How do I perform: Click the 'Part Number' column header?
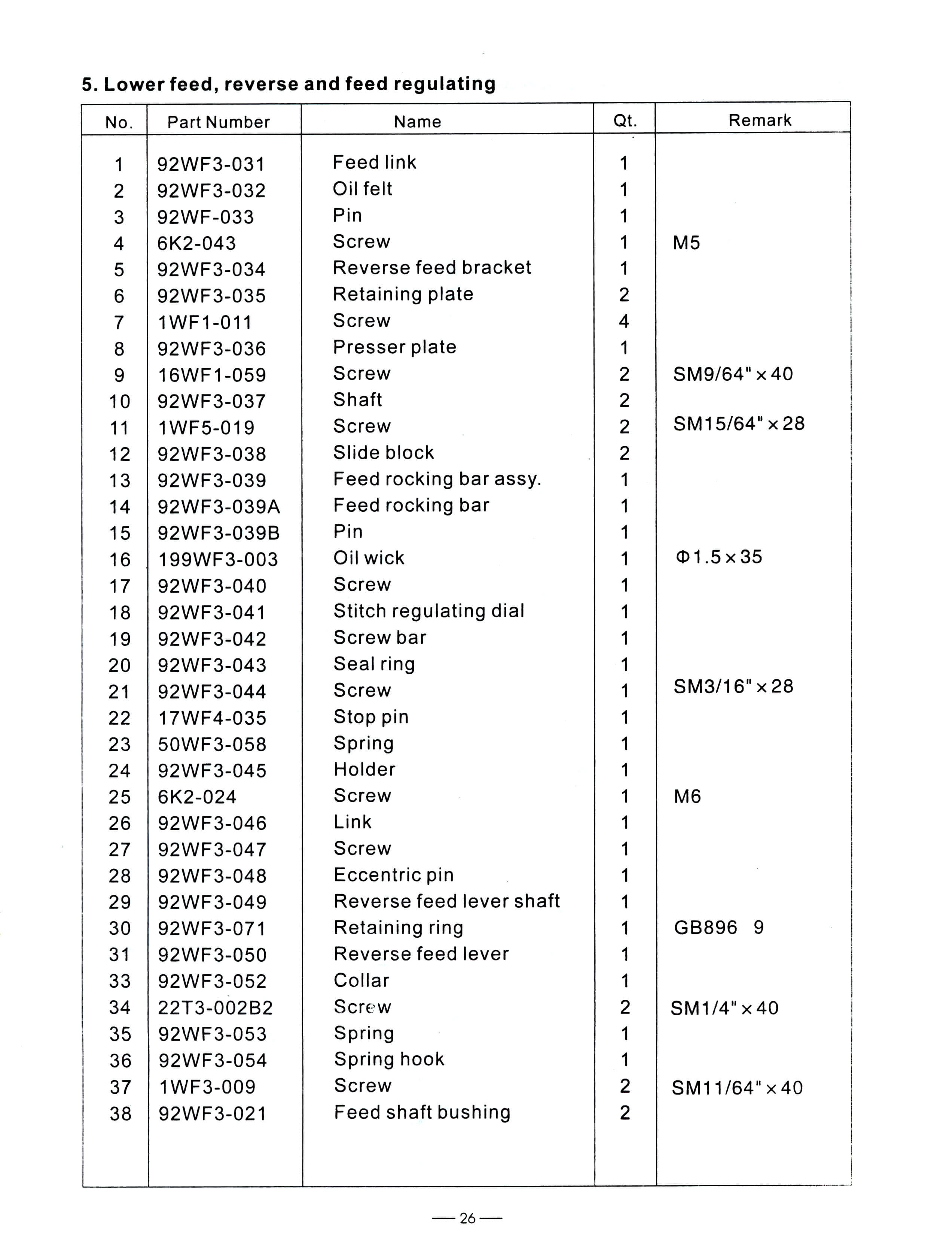point(219,122)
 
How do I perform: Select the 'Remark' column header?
point(760,120)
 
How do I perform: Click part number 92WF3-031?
point(211,164)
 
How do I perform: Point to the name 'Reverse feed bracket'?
point(431,268)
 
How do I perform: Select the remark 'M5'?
point(686,243)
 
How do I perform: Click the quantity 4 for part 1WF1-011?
point(623,322)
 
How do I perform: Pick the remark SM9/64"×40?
point(733,374)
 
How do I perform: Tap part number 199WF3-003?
point(218,559)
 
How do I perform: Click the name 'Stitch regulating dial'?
point(428,611)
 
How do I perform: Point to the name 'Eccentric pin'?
point(393,875)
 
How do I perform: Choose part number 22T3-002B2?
point(215,1008)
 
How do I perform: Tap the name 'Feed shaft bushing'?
point(422,1112)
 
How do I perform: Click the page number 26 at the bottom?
point(467,1218)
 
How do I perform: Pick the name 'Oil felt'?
point(362,189)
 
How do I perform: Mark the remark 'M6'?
point(687,796)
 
